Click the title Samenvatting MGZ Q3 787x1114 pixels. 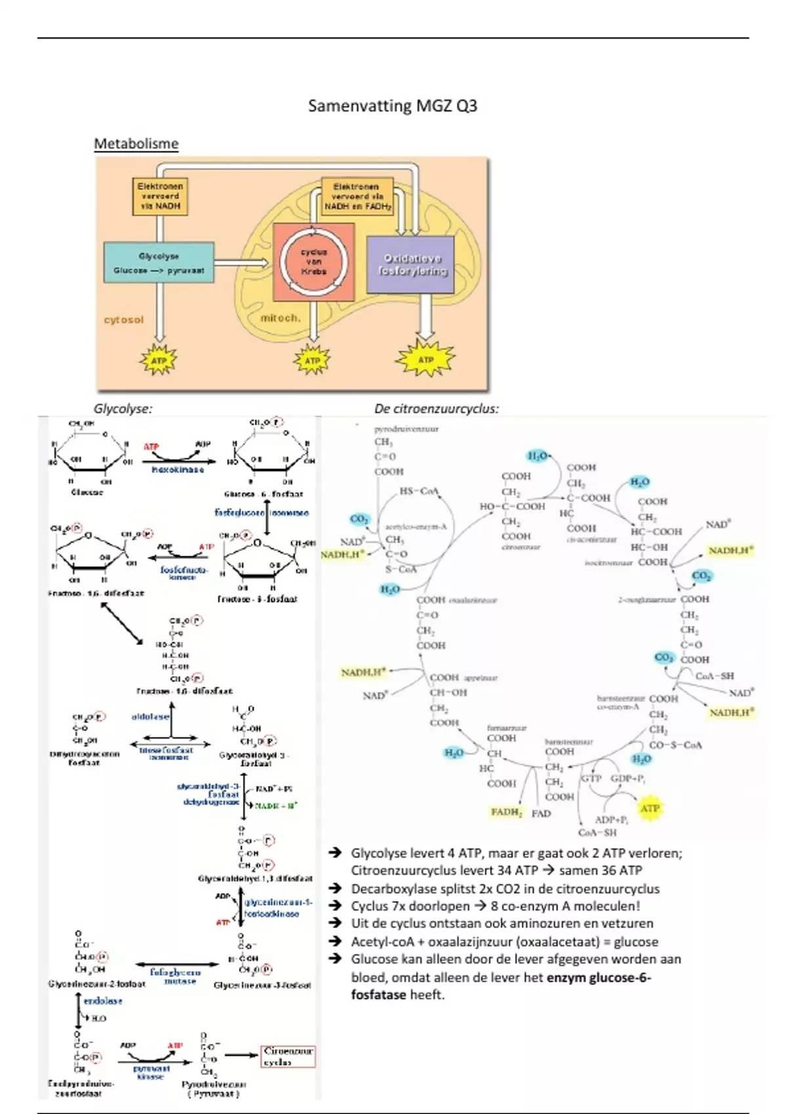392,106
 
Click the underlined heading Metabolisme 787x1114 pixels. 136,144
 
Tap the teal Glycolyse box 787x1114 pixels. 159,262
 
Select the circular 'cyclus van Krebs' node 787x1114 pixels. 313,261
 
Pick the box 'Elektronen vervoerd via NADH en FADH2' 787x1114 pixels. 357,196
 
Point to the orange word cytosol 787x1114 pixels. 123,320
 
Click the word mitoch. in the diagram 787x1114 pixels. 280,318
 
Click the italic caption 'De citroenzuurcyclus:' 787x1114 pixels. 436,408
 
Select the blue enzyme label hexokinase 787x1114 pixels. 178,470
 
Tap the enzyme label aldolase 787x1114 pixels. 150,717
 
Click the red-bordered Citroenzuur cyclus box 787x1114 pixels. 288,1056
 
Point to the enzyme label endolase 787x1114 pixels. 103,1001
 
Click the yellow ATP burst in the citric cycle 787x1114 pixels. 649,808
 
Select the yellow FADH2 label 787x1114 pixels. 506,812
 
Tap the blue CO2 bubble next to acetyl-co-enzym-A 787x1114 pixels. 359,519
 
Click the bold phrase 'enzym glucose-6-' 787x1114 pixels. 598,977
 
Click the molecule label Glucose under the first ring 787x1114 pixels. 87,492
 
